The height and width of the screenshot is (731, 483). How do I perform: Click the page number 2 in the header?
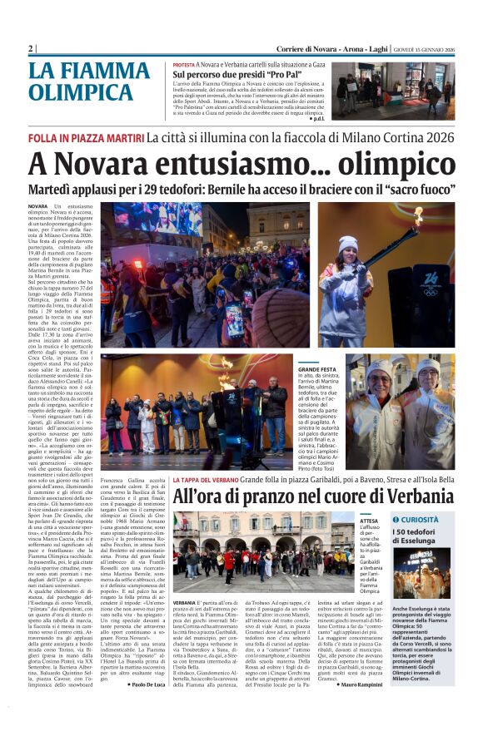coord(31,49)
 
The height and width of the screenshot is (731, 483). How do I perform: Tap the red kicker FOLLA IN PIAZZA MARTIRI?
coord(85,136)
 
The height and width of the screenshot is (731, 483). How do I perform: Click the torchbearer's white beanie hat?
coord(348,243)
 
